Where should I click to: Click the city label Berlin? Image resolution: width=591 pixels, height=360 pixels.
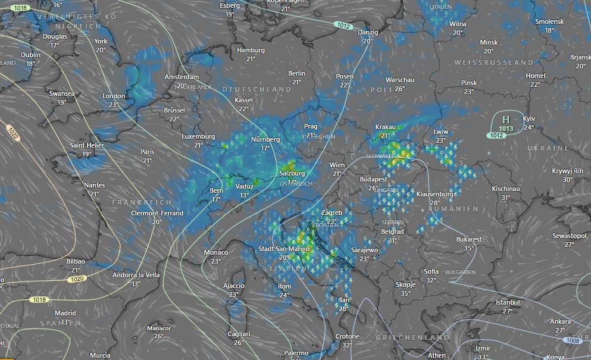click(296, 73)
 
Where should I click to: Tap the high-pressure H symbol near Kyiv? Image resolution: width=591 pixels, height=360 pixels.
click(506, 120)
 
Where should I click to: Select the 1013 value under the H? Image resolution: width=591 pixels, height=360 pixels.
click(506, 129)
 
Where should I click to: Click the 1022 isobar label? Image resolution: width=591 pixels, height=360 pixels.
click(13, 133)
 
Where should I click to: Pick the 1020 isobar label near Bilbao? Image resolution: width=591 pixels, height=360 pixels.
click(76, 278)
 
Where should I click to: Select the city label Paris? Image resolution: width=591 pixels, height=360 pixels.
click(147, 152)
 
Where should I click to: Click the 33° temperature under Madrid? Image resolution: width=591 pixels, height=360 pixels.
click(65, 322)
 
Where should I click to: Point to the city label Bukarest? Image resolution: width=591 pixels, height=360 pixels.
click(469, 239)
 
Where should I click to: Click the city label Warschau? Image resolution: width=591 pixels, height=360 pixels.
click(399, 80)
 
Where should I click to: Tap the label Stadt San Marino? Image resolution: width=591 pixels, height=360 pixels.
click(283, 248)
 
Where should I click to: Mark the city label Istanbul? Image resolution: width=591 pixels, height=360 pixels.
click(507, 302)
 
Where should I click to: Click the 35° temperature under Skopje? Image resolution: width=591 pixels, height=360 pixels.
click(405, 293)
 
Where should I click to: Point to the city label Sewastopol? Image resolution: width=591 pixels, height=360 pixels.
click(569, 236)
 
